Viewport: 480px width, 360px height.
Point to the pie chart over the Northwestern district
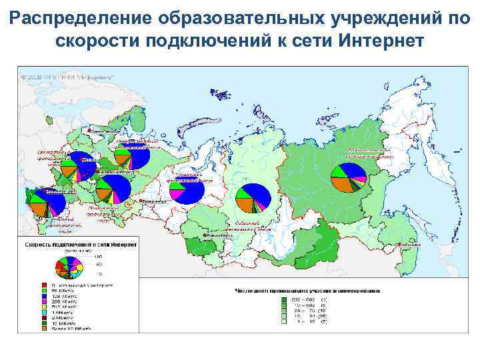pos(131,157)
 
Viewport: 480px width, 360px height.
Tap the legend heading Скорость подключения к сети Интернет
pos(81,245)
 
